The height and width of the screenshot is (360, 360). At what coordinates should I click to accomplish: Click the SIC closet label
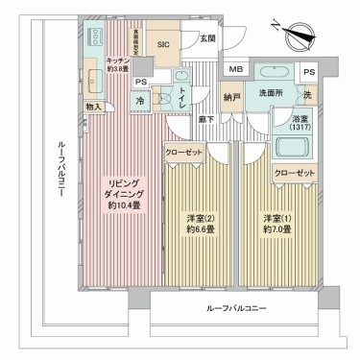coord(162,44)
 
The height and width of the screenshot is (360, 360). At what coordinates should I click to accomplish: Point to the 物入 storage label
coord(93,108)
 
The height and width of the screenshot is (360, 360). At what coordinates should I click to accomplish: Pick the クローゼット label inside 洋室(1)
coord(294,172)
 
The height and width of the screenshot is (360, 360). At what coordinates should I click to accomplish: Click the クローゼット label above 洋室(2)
coord(182,153)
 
